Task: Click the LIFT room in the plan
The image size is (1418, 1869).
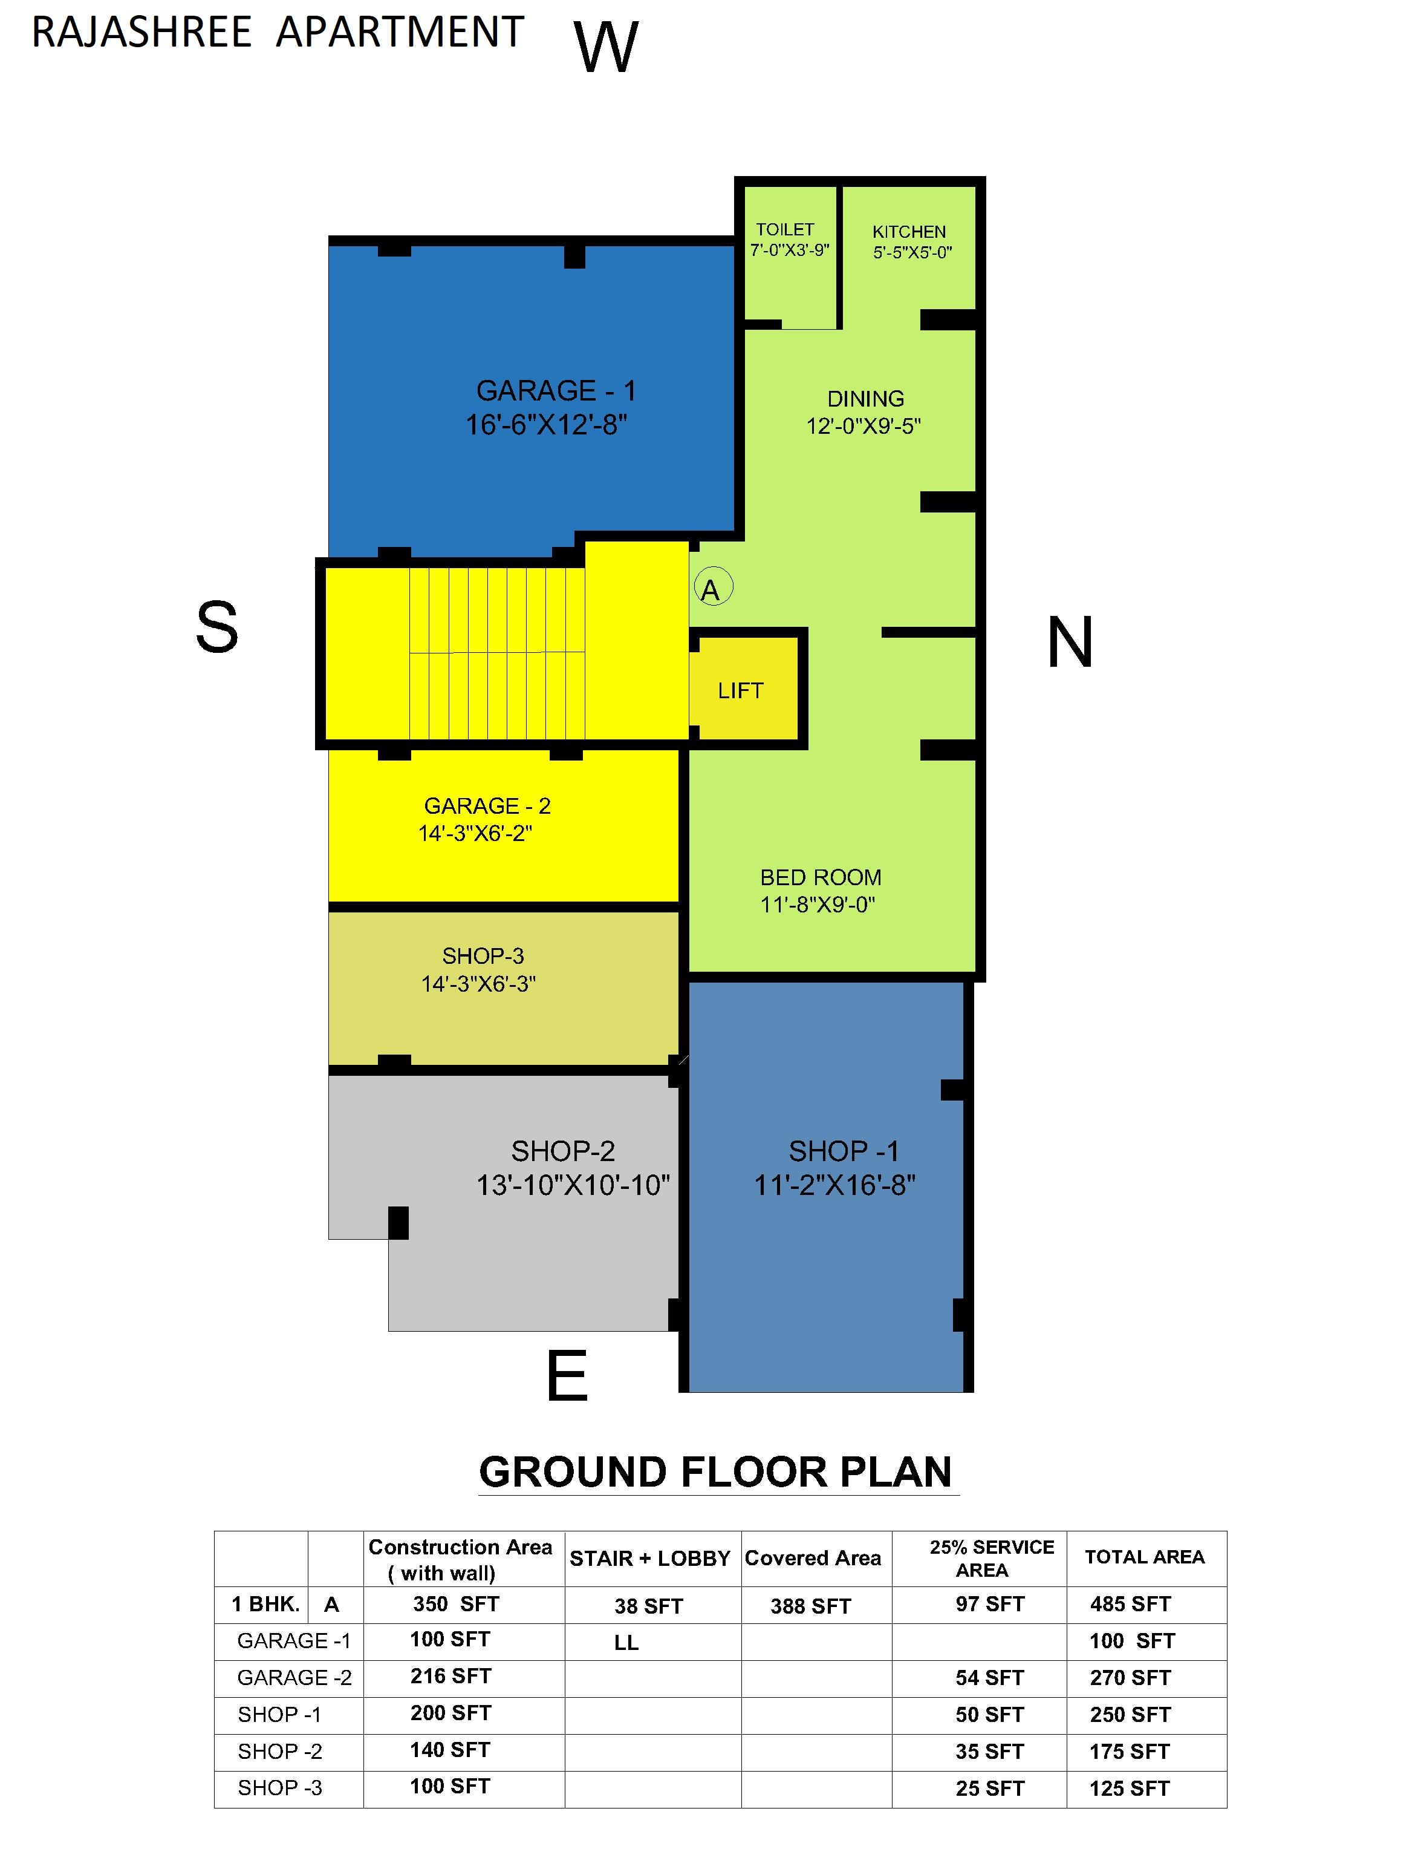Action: coord(741,690)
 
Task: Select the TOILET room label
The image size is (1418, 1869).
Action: coord(785,230)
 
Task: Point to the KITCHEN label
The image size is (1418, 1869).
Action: coord(909,232)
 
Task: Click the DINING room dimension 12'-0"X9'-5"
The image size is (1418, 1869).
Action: coord(863,426)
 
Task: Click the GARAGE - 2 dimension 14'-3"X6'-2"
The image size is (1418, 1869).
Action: coord(475,834)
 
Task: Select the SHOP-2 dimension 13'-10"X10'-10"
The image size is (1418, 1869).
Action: coord(573,1185)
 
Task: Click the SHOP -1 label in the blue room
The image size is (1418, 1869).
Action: coord(844,1151)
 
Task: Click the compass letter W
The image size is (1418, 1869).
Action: coord(605,47)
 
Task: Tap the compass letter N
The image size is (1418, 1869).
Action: coord(1070,643)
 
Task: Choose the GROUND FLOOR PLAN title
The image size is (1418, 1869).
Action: coord(715,1472)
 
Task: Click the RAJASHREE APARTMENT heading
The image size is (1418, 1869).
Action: coord(278,33)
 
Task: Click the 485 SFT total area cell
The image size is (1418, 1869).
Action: coord(1130,1604)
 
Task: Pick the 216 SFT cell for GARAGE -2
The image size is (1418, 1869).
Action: coord(450,1677)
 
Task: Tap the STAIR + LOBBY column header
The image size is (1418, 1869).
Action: coord(649,1558)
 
